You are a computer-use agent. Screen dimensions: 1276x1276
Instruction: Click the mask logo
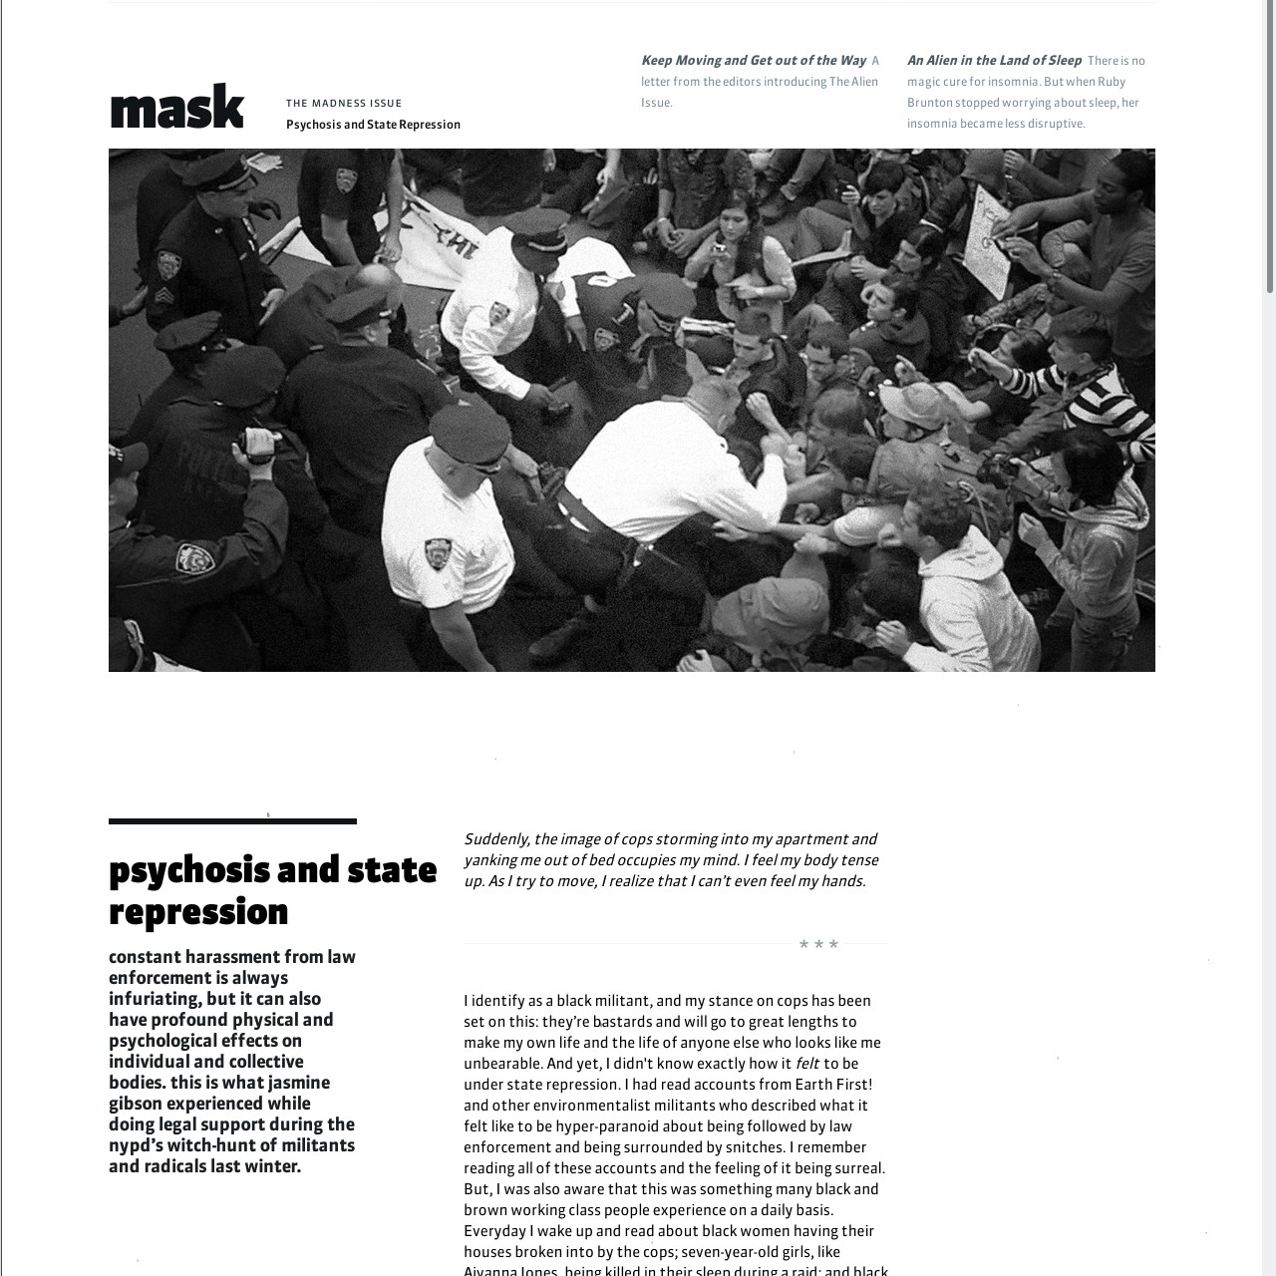click(176, 108)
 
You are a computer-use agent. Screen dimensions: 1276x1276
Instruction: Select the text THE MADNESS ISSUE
click(344, 103)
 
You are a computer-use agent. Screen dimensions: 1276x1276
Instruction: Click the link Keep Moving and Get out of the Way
click(754, 61)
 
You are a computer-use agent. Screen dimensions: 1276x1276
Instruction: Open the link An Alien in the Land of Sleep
click(994, 61)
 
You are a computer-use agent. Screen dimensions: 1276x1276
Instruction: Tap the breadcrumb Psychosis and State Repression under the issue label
click(373, 125)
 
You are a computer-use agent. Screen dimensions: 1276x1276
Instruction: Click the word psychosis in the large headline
click(188, 870)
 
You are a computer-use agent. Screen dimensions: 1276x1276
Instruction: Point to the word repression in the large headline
click(198, 912)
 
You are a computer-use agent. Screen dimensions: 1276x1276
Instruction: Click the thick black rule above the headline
click(232, 821)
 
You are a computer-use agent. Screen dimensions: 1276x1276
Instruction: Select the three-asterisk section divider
click(818, 944)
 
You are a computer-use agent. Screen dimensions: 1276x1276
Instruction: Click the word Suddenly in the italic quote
click(495, 839)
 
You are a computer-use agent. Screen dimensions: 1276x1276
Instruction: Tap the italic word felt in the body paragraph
click(806, 1064)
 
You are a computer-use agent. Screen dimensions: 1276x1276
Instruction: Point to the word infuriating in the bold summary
click(155, 999)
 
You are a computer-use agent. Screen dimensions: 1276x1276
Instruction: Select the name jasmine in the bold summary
click(299, 1083)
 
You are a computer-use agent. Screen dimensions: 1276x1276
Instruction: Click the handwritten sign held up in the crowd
click(988, 239)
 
